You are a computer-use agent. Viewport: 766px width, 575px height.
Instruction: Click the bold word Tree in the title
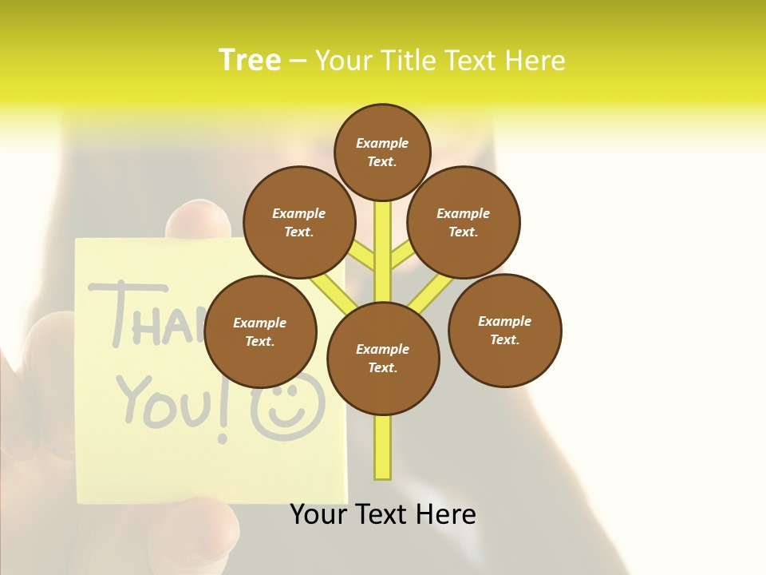pos(250,60)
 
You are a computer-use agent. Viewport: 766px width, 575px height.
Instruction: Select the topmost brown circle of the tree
pos(382,152)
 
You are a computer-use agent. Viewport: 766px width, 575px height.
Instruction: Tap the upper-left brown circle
pos(299,222)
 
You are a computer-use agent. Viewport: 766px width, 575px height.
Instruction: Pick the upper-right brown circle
pos(464,222)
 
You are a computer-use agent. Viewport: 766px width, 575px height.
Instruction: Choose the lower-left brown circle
pos(260,331)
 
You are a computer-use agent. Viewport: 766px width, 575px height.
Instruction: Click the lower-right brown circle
pos(504,330)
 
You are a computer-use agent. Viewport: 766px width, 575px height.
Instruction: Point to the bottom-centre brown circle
pos(383,359)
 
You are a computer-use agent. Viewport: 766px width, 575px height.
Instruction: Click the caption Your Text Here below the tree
pos(383,514)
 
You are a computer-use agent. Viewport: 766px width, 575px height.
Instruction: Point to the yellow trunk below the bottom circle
pos(383,447)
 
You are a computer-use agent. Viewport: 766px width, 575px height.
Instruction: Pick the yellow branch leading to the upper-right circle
pos(401,256)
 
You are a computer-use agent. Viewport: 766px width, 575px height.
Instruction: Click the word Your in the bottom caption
pos(318,514)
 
